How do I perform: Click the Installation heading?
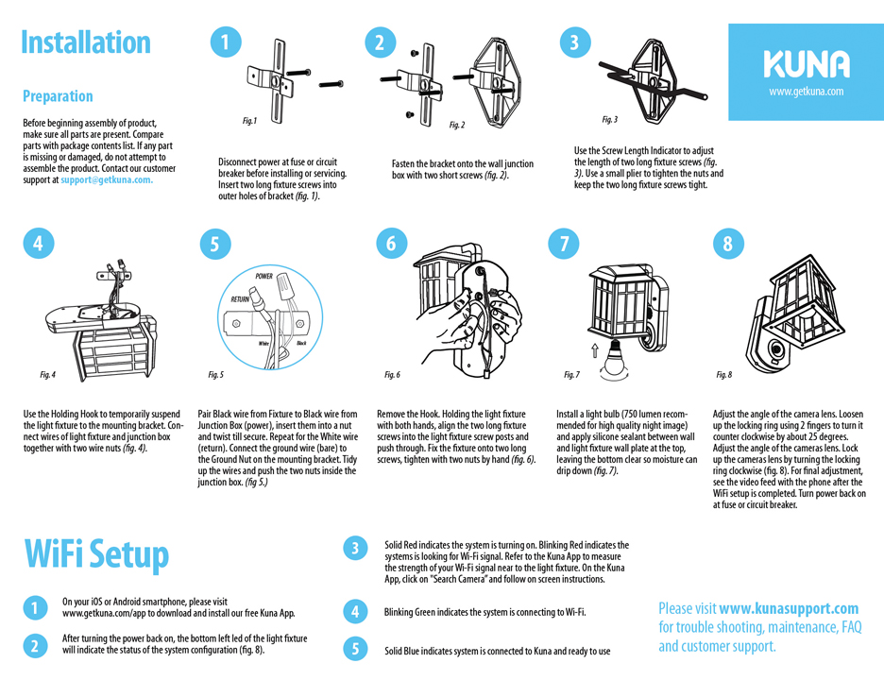tap(86, 42)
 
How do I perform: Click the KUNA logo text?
tap(806, 64)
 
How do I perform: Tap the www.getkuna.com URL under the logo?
tap(806, 92)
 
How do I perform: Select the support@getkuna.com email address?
tap(107, 179)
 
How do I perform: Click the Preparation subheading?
tap(58, 96)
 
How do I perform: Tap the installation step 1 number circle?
tap(224, 42)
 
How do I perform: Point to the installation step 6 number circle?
tap(390, 243)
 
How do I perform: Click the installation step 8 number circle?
tap(726, 243)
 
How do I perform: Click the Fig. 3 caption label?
tap(609, 120)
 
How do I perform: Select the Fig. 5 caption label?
tap(215, 375)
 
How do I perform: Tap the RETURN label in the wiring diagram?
tap(241, 298)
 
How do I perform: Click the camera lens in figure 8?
tap(777, 350)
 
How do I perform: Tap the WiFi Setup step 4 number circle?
tap(354, 612)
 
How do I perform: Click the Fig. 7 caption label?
tap(571, 375)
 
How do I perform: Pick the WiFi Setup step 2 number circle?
tap(34, 645)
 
